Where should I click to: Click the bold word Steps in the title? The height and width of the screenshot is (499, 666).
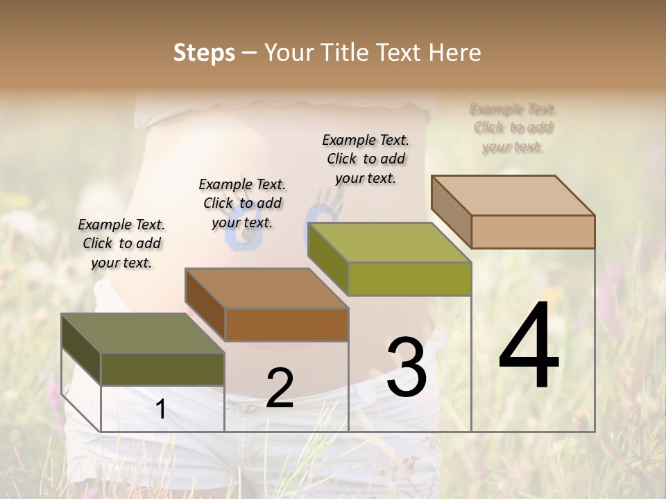click(203, 53)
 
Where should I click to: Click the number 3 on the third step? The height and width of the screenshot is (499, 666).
click(407, 367)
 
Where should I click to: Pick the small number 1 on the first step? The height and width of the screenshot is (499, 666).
click(160, 410)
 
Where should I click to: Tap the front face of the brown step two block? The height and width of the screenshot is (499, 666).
click(287, 324)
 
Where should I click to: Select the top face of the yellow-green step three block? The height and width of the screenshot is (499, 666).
click(388, 243)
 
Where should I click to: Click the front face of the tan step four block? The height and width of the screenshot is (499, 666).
click(533, 231)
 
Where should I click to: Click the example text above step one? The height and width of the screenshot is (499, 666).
click(121, 243)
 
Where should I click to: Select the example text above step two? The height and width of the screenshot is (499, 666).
click(242, 203)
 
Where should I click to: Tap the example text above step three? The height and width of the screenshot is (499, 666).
click(366, 159)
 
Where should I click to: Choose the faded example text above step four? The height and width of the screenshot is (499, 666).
click(513, 128)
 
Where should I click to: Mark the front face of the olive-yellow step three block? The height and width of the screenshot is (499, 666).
click(409, 279)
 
